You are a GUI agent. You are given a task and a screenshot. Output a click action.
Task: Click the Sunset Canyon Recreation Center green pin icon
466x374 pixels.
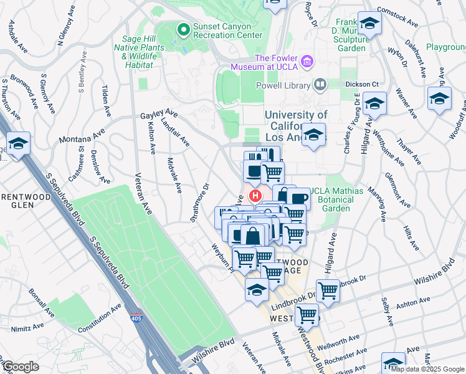pos(183,29)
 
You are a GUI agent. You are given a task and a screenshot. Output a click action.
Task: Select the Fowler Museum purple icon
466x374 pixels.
pos(307,61)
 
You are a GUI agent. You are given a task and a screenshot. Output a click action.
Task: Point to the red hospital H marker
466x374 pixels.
pos(254,196)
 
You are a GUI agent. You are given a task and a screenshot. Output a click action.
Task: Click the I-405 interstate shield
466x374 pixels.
pos(135,319)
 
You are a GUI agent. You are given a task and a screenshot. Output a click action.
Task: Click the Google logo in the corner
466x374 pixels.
pos(21,366)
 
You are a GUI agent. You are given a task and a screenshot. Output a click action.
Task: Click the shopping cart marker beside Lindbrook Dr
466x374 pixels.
pos(328,289)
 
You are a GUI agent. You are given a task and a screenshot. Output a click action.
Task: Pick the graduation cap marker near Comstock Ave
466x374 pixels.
pos(369,24)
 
